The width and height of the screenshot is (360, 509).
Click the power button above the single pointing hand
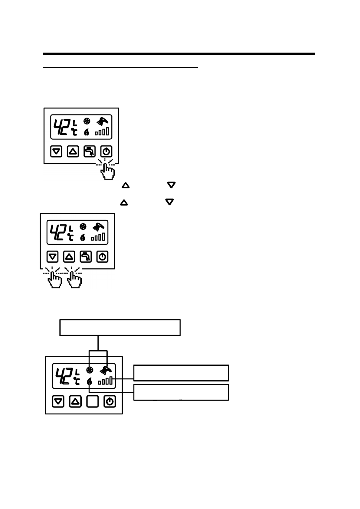[x=106, y=151]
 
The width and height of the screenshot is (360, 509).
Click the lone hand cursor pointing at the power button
[x=107, y=171]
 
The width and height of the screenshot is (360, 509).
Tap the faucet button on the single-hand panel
[x=90, y=151]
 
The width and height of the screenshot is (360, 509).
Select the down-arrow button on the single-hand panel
[x=56, y=151]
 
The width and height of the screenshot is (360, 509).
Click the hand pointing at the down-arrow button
[x=55, y=280]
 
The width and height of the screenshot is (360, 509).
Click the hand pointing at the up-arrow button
[x=74, y=280]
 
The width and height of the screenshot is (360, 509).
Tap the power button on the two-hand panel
[x=103, y=257]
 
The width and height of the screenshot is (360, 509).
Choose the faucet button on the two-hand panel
[x=86, y=257]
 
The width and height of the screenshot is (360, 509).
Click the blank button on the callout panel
[x=93, y=402]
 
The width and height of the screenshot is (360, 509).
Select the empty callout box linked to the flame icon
[x=181, y=392]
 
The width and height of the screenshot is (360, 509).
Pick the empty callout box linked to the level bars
[x=181, y=373]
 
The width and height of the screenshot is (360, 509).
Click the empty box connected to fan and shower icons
[x=120, y=327]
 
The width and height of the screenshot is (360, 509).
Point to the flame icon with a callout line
[x=89, y=382]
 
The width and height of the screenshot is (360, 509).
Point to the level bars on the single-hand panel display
[x=102, y=132]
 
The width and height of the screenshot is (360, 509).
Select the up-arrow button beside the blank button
[x=76, y=402]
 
